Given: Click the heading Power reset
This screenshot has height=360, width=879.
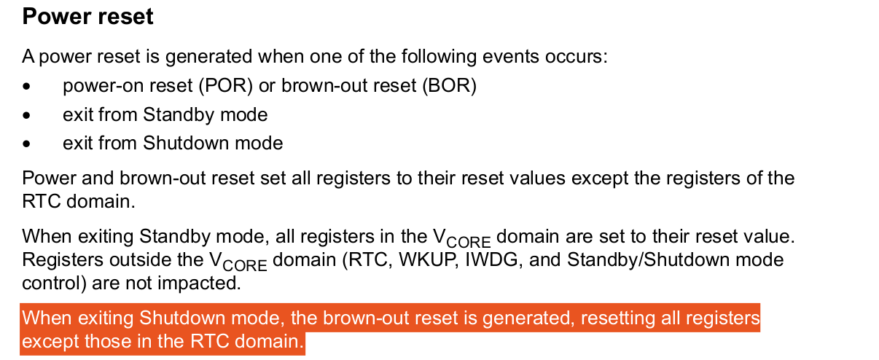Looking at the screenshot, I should coord(87,17).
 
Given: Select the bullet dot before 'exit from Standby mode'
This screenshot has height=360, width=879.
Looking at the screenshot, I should coord(27,115).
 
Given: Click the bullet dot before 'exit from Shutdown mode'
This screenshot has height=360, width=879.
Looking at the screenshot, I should coord(27,144).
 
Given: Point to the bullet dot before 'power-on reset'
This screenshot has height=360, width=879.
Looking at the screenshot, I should coord(27,87).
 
